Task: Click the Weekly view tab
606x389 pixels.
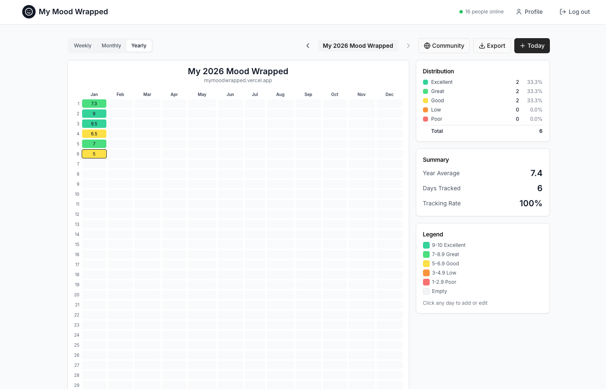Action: [83, 46]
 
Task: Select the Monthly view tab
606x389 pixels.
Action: [111, 46]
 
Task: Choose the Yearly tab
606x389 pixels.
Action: [139, 46]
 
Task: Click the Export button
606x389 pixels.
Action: [492, 46]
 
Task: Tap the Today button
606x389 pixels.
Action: [532, 46]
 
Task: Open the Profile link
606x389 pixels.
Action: [529, 12]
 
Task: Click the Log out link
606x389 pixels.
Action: [575, 12]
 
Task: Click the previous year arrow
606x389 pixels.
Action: [308, 46]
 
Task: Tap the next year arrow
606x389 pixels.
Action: [408, 46]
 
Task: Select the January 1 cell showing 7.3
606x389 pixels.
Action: [94, 104]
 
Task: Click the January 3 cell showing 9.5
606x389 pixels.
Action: [94, 124]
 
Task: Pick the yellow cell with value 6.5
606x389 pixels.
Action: [94, 134]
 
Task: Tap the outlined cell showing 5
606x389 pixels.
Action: [94, 154]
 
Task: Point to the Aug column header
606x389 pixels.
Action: [280, 94]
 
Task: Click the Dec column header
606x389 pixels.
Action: [389, 94]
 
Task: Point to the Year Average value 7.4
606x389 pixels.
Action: [536, 173]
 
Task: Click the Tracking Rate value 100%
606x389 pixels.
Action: [531, 203]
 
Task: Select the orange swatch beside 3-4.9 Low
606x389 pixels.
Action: [426, 273]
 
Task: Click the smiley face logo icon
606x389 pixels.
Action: [29, 12]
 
